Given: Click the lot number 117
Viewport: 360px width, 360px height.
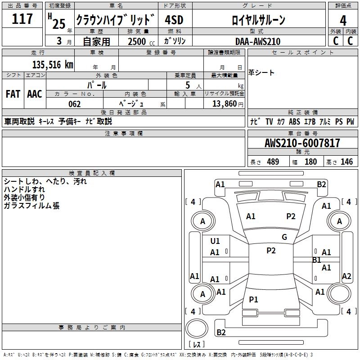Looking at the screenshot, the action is pos(22,19).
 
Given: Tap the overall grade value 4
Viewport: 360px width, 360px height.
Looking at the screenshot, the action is pos(343,21).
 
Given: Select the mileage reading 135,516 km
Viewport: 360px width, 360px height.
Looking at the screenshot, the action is pos(53,65).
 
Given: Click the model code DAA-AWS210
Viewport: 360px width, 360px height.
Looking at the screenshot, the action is pos(258,41).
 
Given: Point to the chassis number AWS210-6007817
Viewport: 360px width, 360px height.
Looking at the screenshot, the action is pos(302,143).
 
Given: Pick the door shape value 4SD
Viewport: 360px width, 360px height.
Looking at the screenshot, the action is pos(174,20).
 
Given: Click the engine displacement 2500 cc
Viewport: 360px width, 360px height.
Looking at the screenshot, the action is pos(141,41).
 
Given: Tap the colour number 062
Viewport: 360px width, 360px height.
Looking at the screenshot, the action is pos(74,104).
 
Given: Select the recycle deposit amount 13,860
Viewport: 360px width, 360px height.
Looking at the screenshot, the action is pos(224,104).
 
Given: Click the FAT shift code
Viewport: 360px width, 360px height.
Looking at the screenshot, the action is pos(13,94).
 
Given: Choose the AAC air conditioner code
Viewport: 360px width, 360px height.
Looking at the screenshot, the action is pos(35,94).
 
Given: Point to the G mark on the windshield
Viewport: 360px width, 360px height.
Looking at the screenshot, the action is pos(284,237).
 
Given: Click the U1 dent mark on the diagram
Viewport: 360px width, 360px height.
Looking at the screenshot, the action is pos(215,241).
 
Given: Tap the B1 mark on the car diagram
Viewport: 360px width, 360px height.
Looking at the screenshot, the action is pos(317,260).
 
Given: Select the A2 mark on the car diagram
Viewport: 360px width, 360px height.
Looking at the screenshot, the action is pos(346,276).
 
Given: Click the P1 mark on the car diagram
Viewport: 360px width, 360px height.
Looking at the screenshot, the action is pos(253,299).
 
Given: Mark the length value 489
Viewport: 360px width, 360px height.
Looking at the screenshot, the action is pos(273,162).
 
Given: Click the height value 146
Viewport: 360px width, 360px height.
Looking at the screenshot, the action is pos(346,162).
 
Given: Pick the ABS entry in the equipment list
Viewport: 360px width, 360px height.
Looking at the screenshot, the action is pos(294,121).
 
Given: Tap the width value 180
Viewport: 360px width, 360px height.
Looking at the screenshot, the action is pos(310,162).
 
